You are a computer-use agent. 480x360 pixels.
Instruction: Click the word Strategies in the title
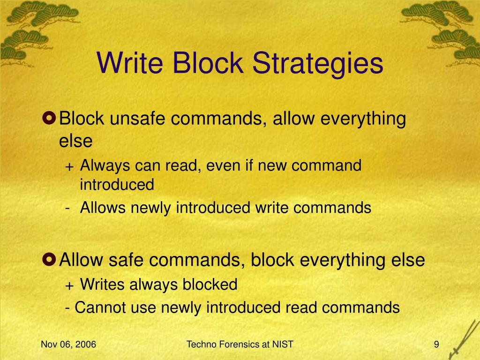pyautogui.click(x=318, y=64)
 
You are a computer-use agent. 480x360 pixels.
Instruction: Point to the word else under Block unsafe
pyautogui.click(x=76, y=141)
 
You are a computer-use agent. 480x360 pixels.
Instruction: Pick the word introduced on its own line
pyautogui.click(x=117, y=185)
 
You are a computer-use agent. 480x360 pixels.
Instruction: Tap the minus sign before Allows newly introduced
pyautogui.click(x=68, y=208)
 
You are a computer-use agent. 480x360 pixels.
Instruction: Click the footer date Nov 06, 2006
pyautogui.click(x=68, y=345)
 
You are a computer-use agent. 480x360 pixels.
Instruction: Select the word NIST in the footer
pyautogui.click(x=282, y=345)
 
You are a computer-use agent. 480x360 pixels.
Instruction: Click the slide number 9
pyautogui.click(x=436, y=345)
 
